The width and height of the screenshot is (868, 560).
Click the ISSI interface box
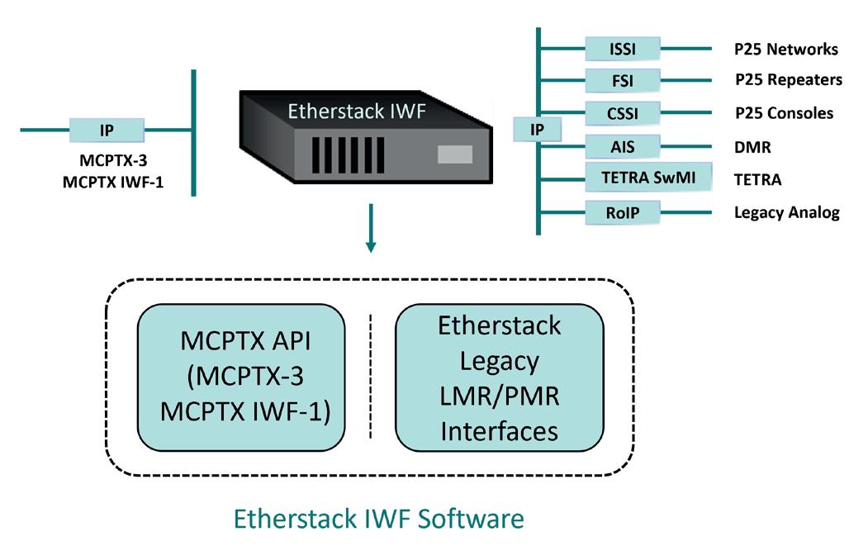click(x=622, y=49)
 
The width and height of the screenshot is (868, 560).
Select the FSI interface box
click(x=622, y=80)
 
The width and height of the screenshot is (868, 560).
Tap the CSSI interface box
click(x=622, y=112)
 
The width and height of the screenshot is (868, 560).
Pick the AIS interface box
click(x=622, y=147)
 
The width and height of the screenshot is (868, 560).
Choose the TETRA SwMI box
click(x=647, y=178)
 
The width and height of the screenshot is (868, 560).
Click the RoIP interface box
click(x=622, y=212)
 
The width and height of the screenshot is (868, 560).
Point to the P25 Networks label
click(x=785, y=49)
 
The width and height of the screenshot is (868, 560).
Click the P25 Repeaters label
click(x=788, y=80)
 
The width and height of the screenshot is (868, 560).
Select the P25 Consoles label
click(x=783, y=112)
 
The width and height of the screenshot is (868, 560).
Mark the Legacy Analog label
click(x=786, y=212)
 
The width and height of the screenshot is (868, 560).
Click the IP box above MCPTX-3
click(x=107, y=131)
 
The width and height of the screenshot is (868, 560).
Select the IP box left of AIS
click(x=537, y=129)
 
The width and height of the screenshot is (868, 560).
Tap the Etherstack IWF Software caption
click(x=379, y=519)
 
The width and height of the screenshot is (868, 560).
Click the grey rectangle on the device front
click(x=454, y=154)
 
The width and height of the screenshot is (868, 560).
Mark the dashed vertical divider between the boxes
click(x=370, y=377)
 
